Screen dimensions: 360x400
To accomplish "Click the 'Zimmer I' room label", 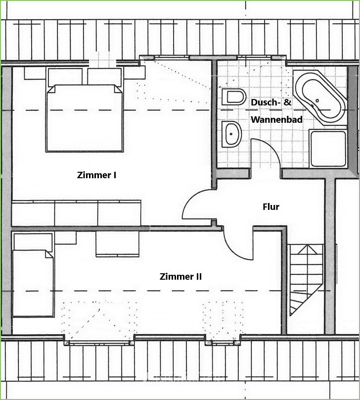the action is click(96, 175).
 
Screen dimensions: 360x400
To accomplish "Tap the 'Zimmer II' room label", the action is click(180, 277).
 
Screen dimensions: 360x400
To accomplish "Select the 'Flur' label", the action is click(271, 206).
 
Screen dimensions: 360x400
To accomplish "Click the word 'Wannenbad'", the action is click(277, 119).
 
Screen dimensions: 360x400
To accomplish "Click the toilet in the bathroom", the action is click(233, 97).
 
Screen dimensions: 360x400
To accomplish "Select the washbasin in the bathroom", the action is click(231, 134).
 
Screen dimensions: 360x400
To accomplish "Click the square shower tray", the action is click(328, 149).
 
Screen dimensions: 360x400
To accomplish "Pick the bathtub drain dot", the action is click(317, 100).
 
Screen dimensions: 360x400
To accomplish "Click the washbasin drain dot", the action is click(231, 134).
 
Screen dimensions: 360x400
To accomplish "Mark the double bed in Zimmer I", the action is click(85, 119).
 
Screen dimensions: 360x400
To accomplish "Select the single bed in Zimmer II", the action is click(33, 283).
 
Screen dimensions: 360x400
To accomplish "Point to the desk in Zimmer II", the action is click(118, 244).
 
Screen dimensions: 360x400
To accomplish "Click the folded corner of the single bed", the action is click(49, 254).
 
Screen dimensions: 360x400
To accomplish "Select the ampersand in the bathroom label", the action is click(287, 102).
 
